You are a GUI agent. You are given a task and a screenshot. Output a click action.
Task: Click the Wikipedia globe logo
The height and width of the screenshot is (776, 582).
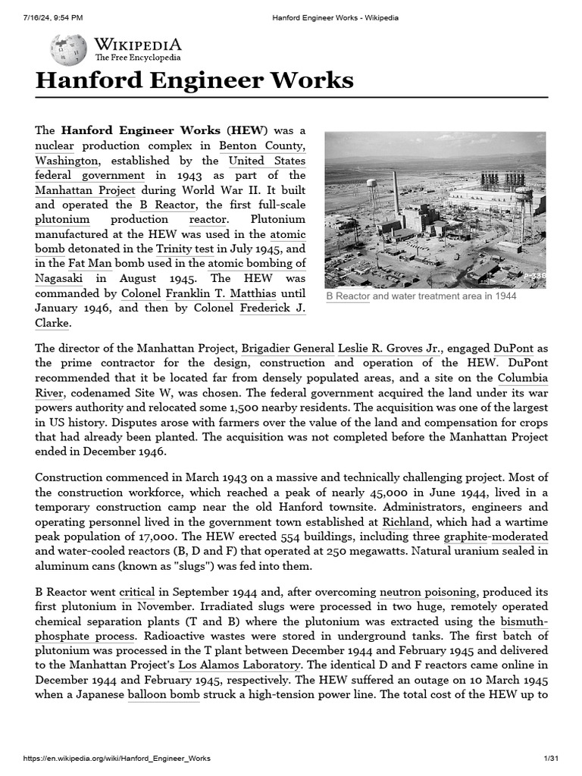(68, 50)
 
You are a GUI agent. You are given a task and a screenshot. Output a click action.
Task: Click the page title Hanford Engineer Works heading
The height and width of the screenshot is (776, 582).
(194, 80)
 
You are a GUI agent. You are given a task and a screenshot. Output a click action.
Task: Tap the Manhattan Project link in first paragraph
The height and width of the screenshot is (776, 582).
(85, 190)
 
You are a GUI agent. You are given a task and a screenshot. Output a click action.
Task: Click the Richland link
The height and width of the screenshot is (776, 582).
(406, 522)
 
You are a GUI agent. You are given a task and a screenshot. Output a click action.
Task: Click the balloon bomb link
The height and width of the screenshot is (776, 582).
(164, 696)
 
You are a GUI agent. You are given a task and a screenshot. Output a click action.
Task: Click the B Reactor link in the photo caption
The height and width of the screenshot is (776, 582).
(347, 296)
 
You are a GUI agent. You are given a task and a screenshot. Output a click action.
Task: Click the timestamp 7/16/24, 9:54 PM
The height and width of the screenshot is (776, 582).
(53, 17)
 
